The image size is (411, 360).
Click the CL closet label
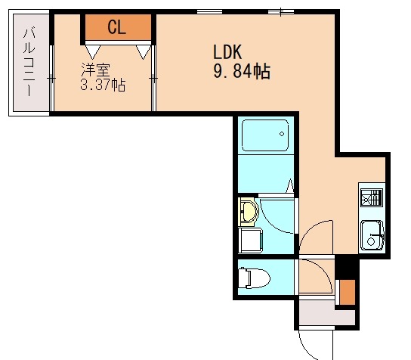(x=117, y=27)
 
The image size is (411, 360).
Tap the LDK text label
(x=227, y=52)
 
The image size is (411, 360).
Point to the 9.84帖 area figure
(x=242, y=71)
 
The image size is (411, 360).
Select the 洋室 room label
(x=95, y=70)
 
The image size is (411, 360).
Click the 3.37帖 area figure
(x=103, y=85)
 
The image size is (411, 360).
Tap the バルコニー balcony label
(x=29, y=61)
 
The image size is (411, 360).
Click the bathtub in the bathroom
(x=265, y=135)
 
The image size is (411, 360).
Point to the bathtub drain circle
(x=282, y=134)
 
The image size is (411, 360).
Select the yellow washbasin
(x=249, y=212)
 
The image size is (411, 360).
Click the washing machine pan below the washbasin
(x=250, y=241)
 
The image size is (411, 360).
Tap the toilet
(x=255, y=278)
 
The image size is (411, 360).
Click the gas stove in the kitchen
(x=372, y=197)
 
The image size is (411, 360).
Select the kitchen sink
(x=372, y=235)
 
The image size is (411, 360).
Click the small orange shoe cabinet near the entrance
(x=348, y=292)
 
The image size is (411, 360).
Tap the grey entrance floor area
(x=326, y=313)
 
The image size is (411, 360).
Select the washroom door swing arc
(x=273, y=220)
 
